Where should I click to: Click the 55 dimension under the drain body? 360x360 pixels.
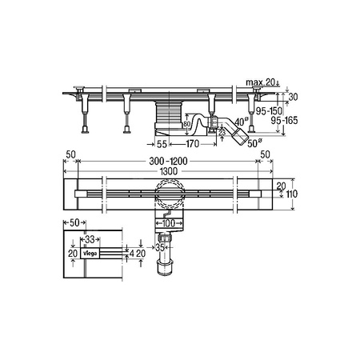161,144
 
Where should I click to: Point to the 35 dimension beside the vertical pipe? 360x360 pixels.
158,249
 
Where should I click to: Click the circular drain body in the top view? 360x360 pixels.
170,194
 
